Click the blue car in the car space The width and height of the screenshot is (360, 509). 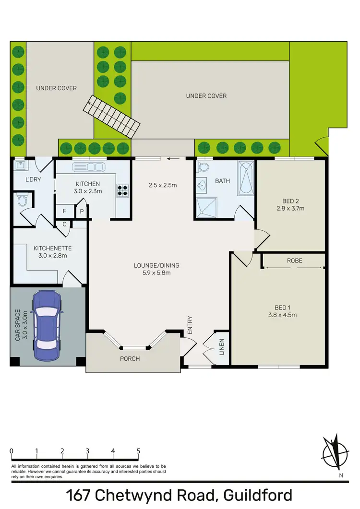46,320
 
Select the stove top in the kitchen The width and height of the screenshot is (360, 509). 122,191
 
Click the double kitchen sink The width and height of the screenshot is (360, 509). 88,167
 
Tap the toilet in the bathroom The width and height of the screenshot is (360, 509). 203,167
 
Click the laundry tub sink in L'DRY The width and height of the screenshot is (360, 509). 21,166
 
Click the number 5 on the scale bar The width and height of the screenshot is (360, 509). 138,451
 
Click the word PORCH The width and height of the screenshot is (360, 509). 130,358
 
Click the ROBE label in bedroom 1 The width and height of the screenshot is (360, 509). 294,260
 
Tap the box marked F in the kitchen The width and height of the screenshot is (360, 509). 64,211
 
